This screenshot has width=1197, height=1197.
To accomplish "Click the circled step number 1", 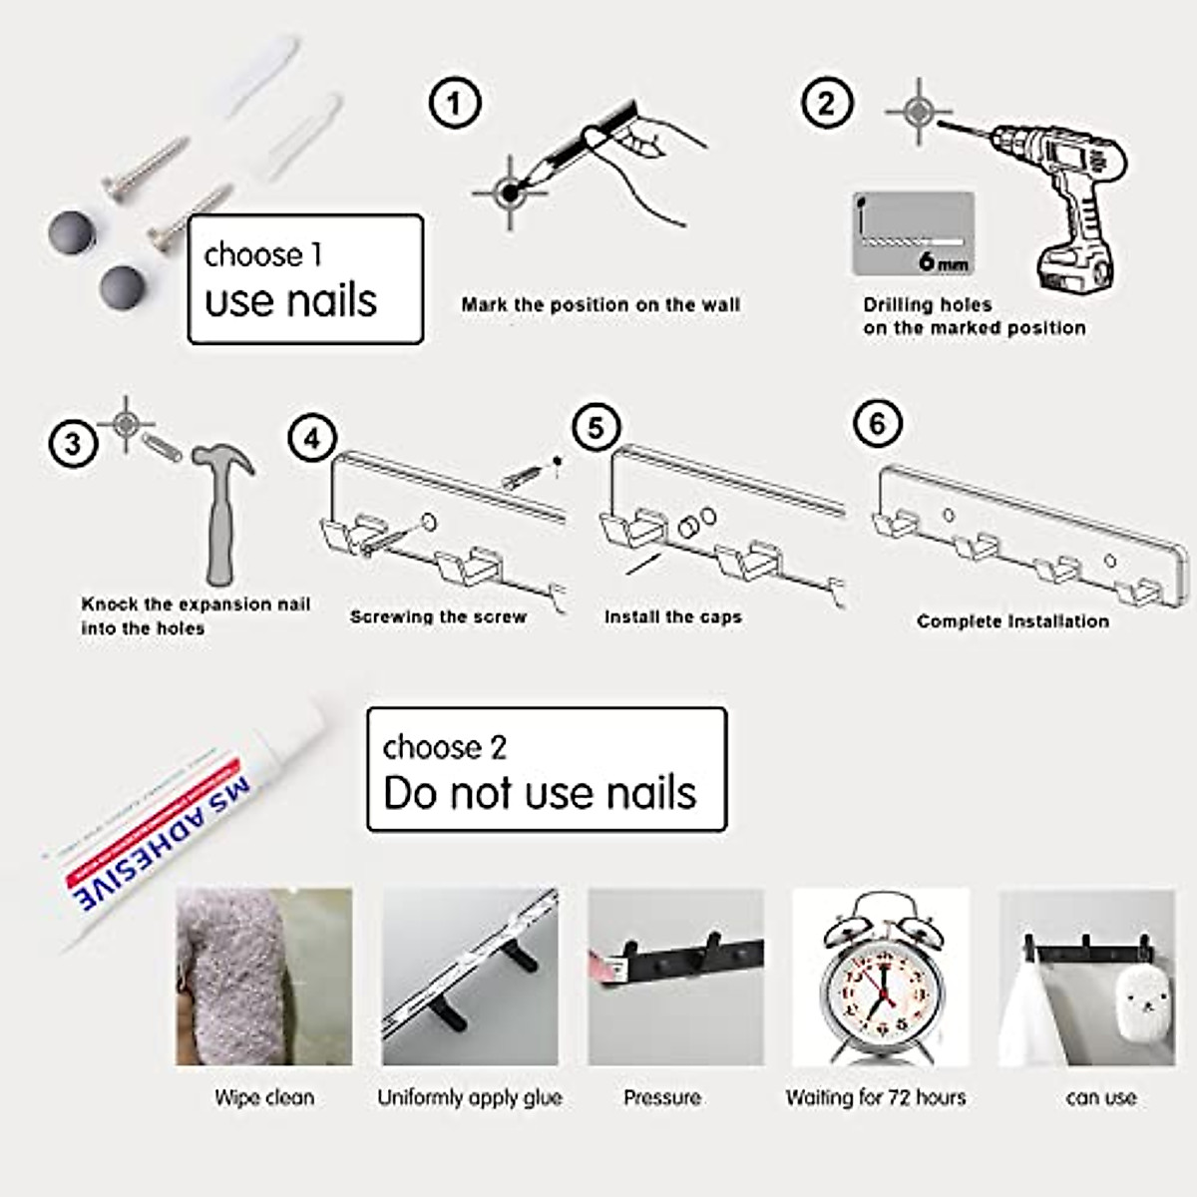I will point(455,104).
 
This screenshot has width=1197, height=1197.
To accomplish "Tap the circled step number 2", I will point(827,104).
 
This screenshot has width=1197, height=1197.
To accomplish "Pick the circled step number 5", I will point(596,428).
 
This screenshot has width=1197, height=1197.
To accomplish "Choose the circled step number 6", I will point(878,424).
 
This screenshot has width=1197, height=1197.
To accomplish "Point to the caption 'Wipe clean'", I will point(264,1098).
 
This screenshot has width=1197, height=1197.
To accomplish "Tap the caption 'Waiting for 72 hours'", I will point(876,1098).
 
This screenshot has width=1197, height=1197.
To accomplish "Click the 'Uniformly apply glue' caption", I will point(470,1098).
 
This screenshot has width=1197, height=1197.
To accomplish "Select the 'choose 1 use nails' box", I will point(305,279).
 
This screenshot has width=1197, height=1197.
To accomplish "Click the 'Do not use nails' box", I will point(547,770).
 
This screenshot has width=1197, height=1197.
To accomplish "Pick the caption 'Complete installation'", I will point(1012,621).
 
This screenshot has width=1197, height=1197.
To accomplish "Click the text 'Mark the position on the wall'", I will point(600,305).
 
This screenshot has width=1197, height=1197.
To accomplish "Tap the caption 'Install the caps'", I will point(673,617).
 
